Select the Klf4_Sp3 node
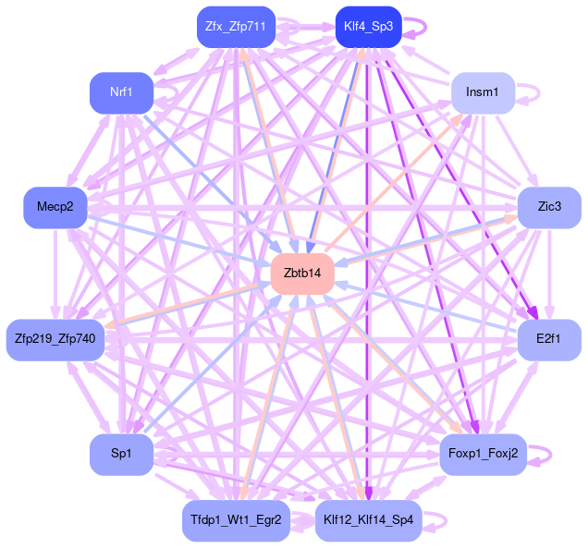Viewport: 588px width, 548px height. click(x=368, y=27)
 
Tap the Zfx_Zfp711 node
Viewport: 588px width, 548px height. click(x=236, y=27)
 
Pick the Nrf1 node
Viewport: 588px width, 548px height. click(x=120, y=92)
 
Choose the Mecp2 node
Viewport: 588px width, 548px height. click(x=55, y=207)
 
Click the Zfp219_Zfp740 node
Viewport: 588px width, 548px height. click(x=56, y=339)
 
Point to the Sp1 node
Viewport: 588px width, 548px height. click(x=121, y=454)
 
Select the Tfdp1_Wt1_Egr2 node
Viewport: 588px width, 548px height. click(x=237, y=519)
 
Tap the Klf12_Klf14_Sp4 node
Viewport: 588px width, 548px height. click(x=369, y=519)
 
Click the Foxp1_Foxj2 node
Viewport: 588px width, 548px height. click(x=483, y=454)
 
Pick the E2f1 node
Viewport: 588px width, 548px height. click(x=549, y=339)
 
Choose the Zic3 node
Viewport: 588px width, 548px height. click(x=549, y=207)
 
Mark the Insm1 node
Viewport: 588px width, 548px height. click(x=483, y=92)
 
